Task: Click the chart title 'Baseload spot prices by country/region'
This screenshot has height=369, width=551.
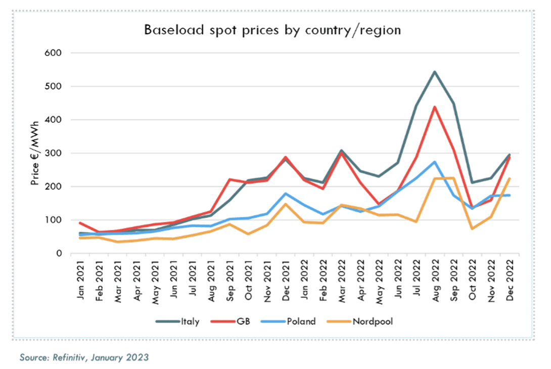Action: pos(272,30)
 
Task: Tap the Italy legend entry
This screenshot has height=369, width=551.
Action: pos(190,321)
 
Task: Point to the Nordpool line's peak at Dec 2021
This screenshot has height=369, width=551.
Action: pos(285,204)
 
